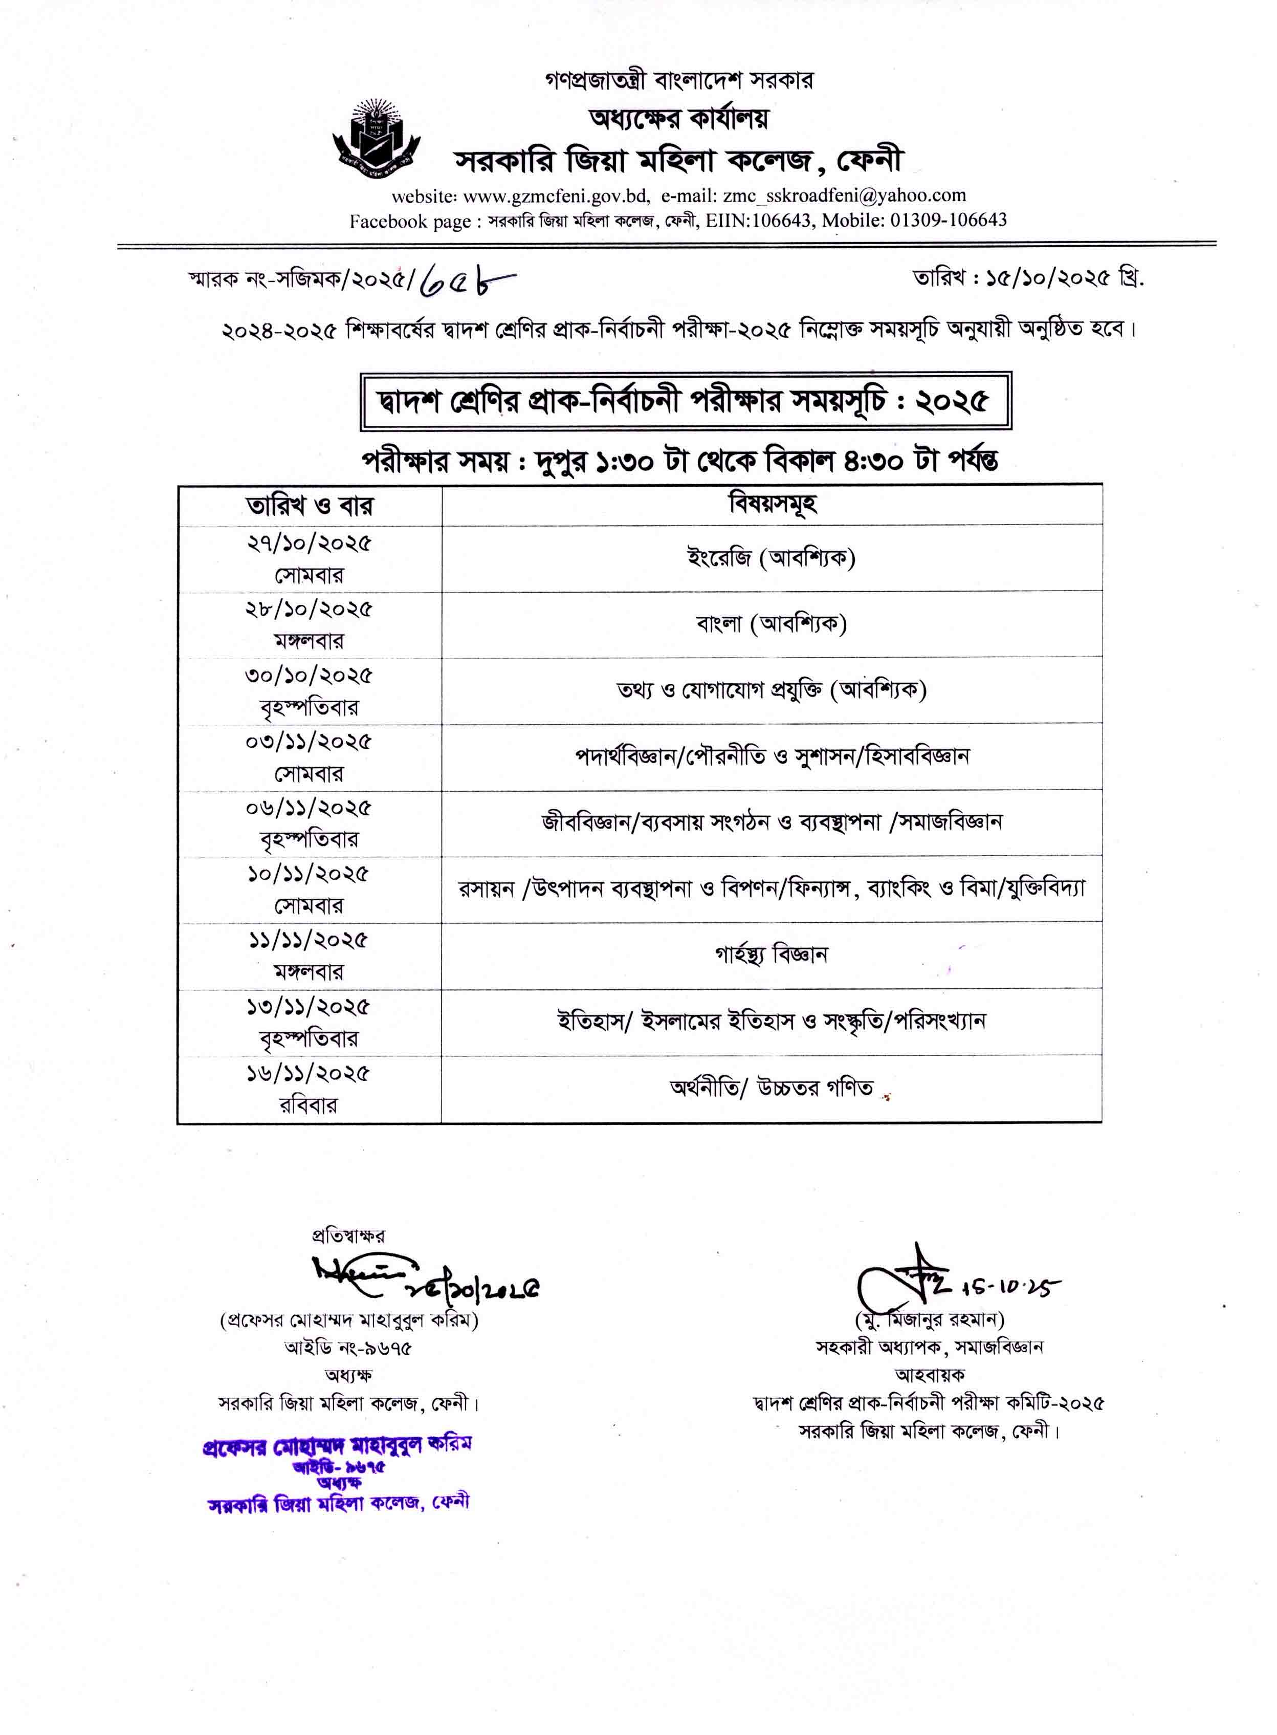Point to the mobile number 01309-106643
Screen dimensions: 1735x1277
[949, 221]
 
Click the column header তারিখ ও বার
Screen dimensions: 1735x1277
[309, 507]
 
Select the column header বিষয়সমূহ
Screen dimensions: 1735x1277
[772, 505]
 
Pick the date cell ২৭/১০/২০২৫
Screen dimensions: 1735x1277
[309, 544]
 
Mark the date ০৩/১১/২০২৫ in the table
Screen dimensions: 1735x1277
[309, 742]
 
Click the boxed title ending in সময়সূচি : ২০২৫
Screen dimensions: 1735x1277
[685, 401]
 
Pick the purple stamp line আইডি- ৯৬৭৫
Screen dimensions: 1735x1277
[339, 1467]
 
